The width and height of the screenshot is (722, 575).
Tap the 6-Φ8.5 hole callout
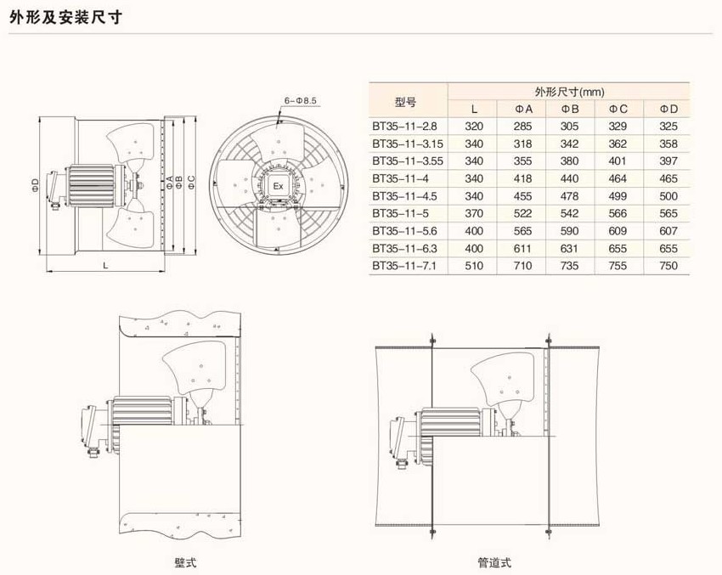pos(297,101)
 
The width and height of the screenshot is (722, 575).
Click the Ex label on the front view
pos(277,185)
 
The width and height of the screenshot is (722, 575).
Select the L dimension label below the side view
pos(104,266)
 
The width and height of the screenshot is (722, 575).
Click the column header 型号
pos(406,100)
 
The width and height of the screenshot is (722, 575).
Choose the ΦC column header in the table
pos(618,109)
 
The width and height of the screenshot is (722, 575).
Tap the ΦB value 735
pos(570,266)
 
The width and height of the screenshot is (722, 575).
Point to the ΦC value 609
pos(618,231)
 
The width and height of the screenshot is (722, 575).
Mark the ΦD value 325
pos(668,126)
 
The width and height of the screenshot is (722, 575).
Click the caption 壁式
pos(184,562)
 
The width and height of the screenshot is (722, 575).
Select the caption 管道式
pos(494,562)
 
